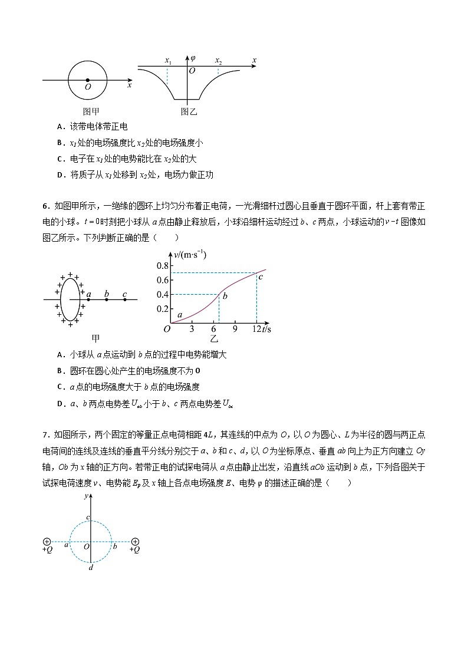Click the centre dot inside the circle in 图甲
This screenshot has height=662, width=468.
88,80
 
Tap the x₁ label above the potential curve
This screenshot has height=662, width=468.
167,61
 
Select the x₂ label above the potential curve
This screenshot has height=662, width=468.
218,61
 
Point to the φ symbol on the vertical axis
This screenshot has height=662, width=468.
193,58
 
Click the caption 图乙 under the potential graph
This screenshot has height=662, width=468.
188,111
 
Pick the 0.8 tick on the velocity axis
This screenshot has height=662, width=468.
162,265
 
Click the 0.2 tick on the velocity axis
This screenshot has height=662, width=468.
162,309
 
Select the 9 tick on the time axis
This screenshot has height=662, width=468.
235,329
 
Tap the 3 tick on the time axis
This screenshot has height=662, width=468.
192,329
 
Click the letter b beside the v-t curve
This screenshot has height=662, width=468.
225,295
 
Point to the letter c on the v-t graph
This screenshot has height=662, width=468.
260,276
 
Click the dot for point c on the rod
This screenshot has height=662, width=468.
124,299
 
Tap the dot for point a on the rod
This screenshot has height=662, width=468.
88,299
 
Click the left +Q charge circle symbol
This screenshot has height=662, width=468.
47,542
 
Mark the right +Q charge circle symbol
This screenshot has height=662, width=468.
135,542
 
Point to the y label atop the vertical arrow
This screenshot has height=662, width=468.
86,496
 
